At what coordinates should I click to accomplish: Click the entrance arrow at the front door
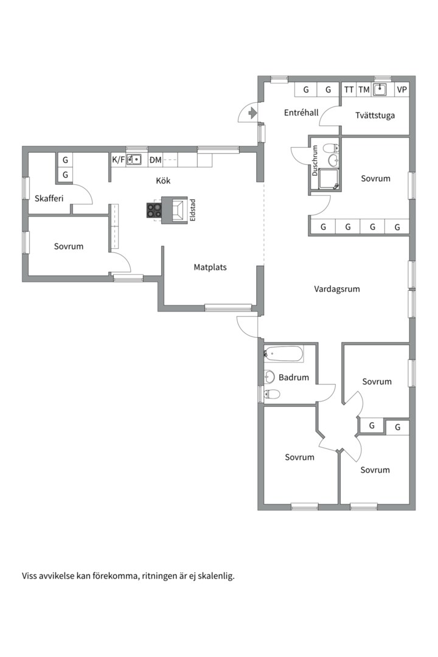pos(252,113)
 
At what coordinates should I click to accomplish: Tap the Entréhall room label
pos(301,113)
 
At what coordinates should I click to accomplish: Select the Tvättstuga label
pos(375,115)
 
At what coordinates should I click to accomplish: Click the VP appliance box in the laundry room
pos(402,89)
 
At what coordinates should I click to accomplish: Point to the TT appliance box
pos(349,89)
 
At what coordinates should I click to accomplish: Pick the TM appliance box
pos(364,89)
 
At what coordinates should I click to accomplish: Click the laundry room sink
pos(380,89)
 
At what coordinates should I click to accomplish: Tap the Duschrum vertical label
pos(315,161)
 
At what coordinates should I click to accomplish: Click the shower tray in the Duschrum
pos(329,179)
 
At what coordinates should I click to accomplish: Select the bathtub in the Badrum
pos(283,353)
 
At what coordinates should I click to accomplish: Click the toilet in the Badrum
pos(271,394)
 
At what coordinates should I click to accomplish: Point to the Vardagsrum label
pos(337,289)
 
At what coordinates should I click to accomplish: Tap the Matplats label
pos(210,267)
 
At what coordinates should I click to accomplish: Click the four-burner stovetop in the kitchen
pos(154,210)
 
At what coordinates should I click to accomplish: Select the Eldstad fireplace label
pos(192,210)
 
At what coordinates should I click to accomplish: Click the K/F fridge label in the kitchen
pos(118,159)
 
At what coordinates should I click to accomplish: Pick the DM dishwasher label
pos(156,159)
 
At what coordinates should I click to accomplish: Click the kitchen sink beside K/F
pos(134,159)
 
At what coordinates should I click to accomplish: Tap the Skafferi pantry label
pos(49,198)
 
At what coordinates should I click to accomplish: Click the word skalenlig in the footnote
pos(217,576)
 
